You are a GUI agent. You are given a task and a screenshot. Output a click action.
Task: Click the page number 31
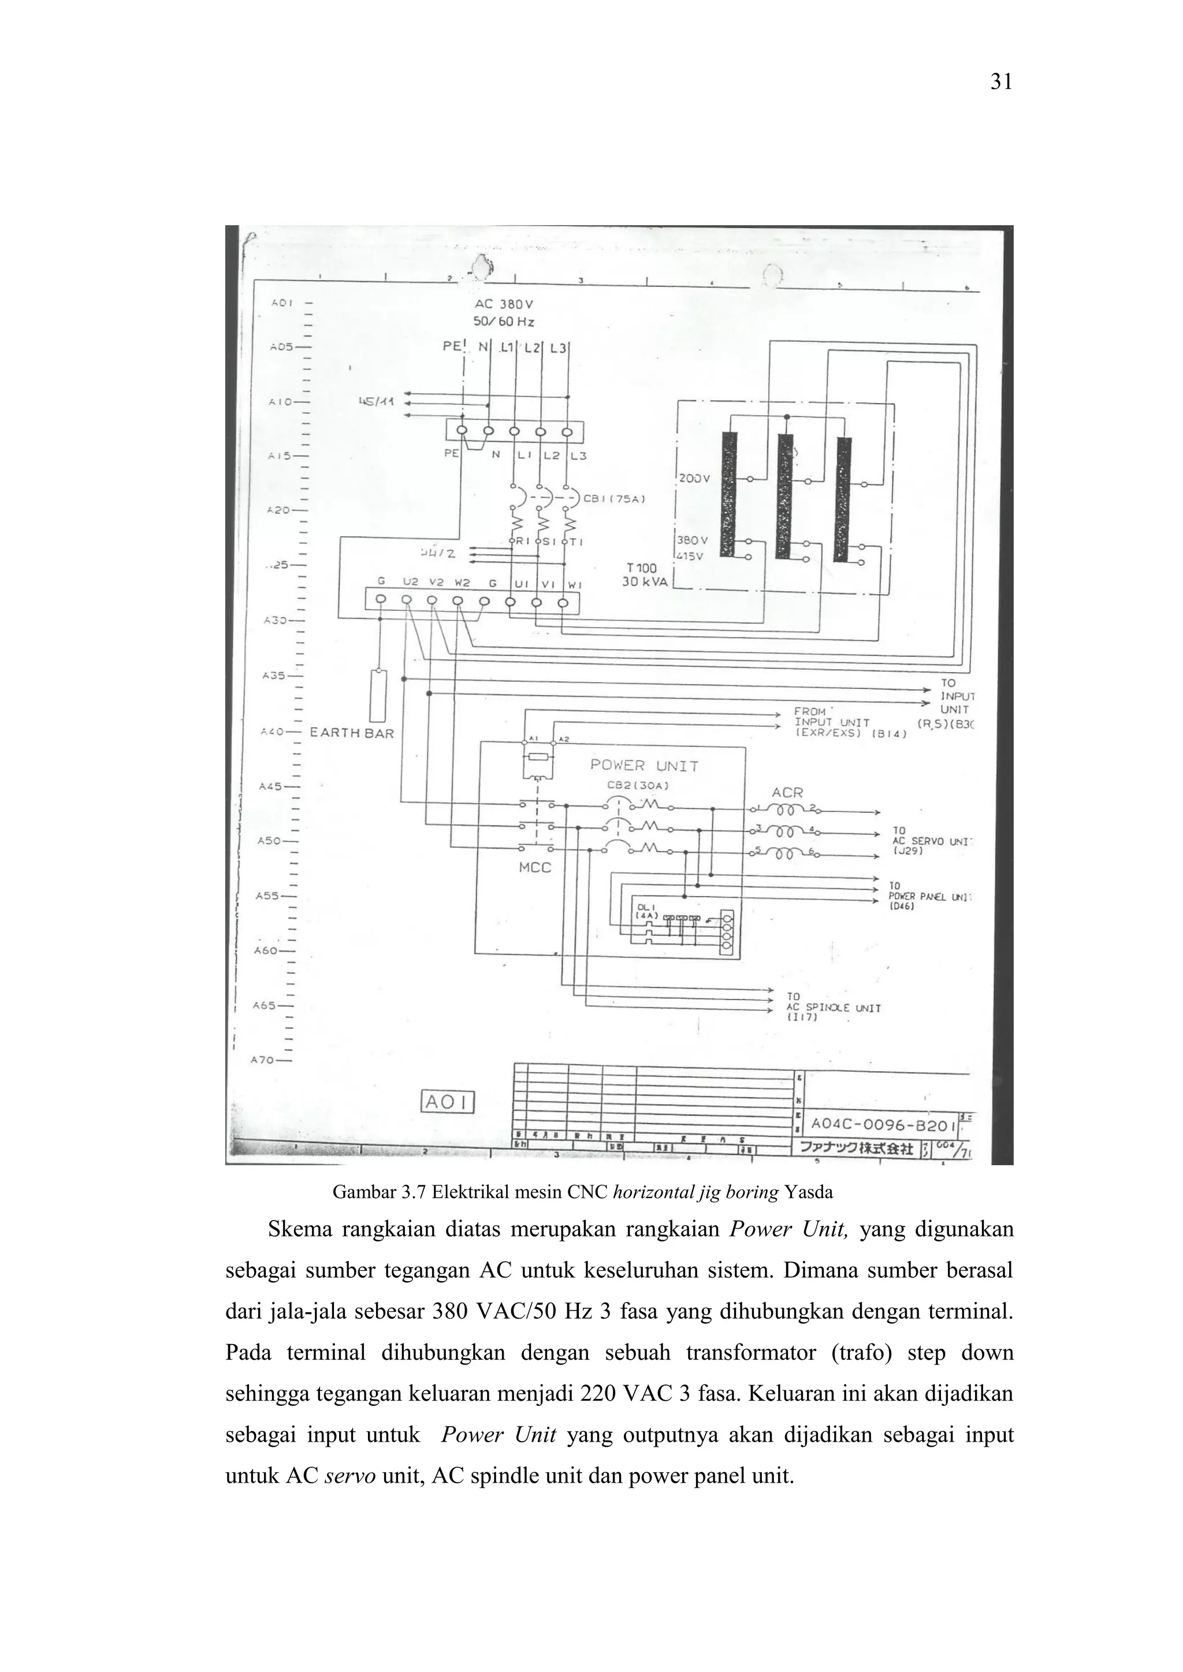(1001, 83)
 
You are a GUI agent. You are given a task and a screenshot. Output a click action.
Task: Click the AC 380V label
(503, 304)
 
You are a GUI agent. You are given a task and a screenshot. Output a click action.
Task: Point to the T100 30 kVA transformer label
(644, 574)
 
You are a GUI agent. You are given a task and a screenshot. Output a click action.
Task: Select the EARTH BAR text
(352, 733)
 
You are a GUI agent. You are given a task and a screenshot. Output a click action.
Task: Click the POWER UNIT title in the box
(644, 766)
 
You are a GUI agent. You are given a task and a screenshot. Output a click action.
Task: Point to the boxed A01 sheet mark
(449, 1103)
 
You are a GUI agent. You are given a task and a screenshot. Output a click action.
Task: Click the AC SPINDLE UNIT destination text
(834, 1008)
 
